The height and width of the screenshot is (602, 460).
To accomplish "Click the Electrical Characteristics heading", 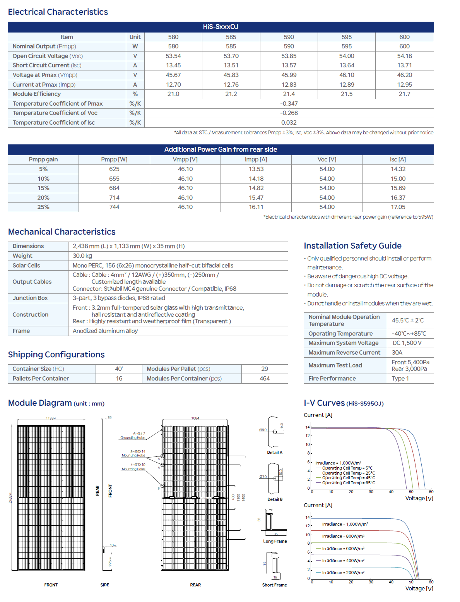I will point(58,12).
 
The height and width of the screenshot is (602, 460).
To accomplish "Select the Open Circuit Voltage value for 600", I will point(404,56).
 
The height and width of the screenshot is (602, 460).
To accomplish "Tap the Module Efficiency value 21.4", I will point(289,94).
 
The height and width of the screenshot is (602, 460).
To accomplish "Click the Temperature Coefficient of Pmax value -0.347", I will point(289,104).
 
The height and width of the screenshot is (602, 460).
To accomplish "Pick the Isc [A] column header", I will point(398,160).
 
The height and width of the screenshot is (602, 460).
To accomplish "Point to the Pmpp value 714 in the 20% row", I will point(114,198).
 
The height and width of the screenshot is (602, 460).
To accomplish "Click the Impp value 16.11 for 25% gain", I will point(256,207).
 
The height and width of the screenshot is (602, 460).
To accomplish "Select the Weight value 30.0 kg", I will point(82,256).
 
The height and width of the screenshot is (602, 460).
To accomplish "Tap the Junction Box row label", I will point(30,298).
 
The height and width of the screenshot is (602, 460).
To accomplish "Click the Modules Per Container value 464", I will point(265,379).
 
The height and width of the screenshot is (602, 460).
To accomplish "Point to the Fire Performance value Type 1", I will point(400,379).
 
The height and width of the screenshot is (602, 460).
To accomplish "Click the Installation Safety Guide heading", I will point(352,246).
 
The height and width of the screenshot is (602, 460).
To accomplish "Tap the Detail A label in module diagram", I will point(275,453).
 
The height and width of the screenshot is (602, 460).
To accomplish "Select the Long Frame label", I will point(275,541).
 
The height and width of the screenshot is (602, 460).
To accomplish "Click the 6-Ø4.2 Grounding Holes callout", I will point(133,436).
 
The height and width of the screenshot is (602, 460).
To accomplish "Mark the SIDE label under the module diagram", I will point(104,585).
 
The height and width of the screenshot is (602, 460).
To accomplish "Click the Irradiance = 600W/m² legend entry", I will point(343,549).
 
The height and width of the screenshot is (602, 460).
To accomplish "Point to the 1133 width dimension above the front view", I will point(51,418).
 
